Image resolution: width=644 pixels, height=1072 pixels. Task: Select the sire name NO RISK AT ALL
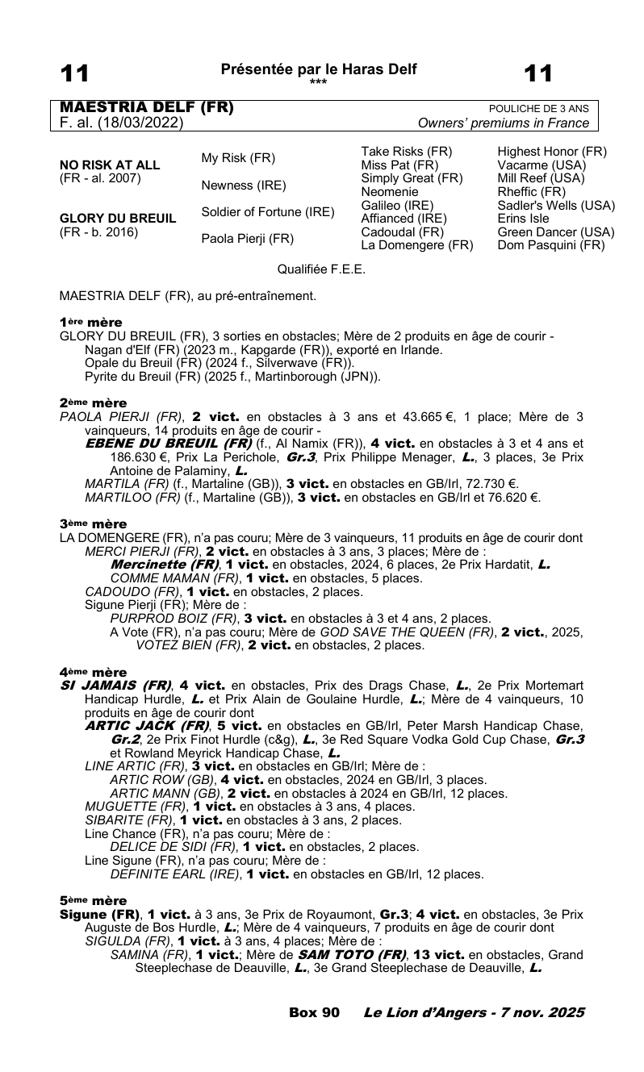pyautogui.click(x=110, y=165)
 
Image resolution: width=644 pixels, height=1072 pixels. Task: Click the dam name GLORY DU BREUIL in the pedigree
pyautogui.click(x=118, y=218)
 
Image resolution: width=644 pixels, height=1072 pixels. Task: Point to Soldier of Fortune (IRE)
pyautogui.click(x=267, y=212)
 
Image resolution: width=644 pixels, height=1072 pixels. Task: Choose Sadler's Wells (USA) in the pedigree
pyautogui.click(x=556, y=206)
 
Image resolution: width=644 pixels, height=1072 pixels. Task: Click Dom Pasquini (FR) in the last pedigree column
pyautogui.click(x=550, y=245)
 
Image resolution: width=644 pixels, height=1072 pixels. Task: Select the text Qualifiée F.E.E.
pyautogui.click(x=321, y=269)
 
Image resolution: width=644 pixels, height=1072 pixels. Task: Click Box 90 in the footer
pyautogui.click(x=314, y=1012)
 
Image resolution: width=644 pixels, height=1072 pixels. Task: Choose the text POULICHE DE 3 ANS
pyautogui.click(x=538, y=109)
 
